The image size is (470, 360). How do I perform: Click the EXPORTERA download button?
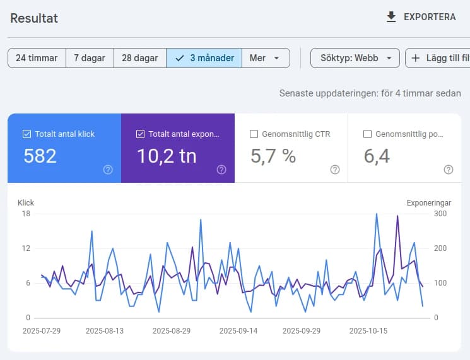pyautogui.click(x=421, y=17)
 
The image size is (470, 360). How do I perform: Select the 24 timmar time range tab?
pyautogui.click(x=37, y=58)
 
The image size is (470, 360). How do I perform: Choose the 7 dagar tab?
pyautogui.click(x=90, y=58)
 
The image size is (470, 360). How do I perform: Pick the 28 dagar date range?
pyautogui.click(x=139, y=58)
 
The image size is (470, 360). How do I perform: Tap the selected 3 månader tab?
pyautogui.click(x=204, y=58)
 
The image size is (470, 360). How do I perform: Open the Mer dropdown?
pyautogui.click(x=265, y=58)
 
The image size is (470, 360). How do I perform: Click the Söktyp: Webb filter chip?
pyautogui.click(x=355, y=58)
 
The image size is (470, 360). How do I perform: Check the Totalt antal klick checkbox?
pyautogui.click(x=26, y=134)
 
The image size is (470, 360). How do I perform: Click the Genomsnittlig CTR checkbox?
pyautogui.click(x=254, y=134)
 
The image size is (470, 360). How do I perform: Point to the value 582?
pyautogui.click(x=40, y=156)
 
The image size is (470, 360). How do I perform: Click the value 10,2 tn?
pyautogui.click(x=167, y=156)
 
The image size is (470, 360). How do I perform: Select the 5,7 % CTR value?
pyautogui.click(x=273, y=156)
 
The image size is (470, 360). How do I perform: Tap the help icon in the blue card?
pyautogui.click(x=108, y=170)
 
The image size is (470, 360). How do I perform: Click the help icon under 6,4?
pyautogui.click(x=449, y=170)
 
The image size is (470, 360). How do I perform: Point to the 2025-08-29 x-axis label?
pyautogui.click(x=171, y=330)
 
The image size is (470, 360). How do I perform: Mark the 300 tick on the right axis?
pyautogui.click(x=440, y=214)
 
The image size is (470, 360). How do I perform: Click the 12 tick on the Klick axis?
pyautogui.click(x=26, y=248)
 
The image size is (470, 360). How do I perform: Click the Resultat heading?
pyautogui.click(x=34, y=18)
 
